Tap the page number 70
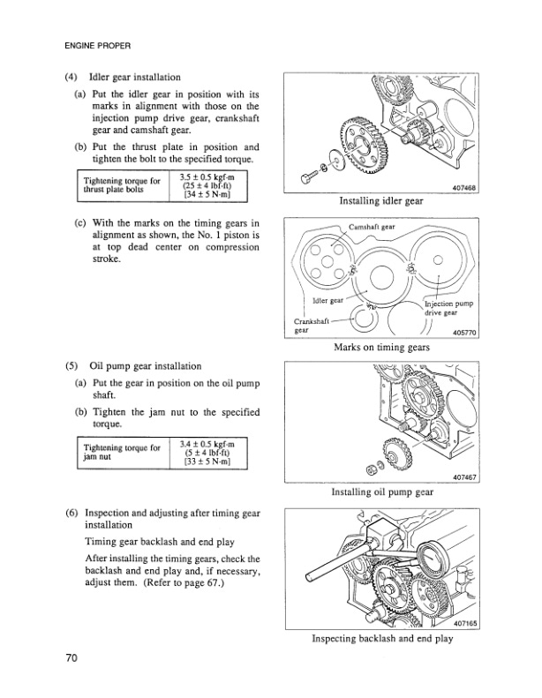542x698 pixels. [x=72, y=657]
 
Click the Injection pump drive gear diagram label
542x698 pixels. [x=448, y=308]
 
